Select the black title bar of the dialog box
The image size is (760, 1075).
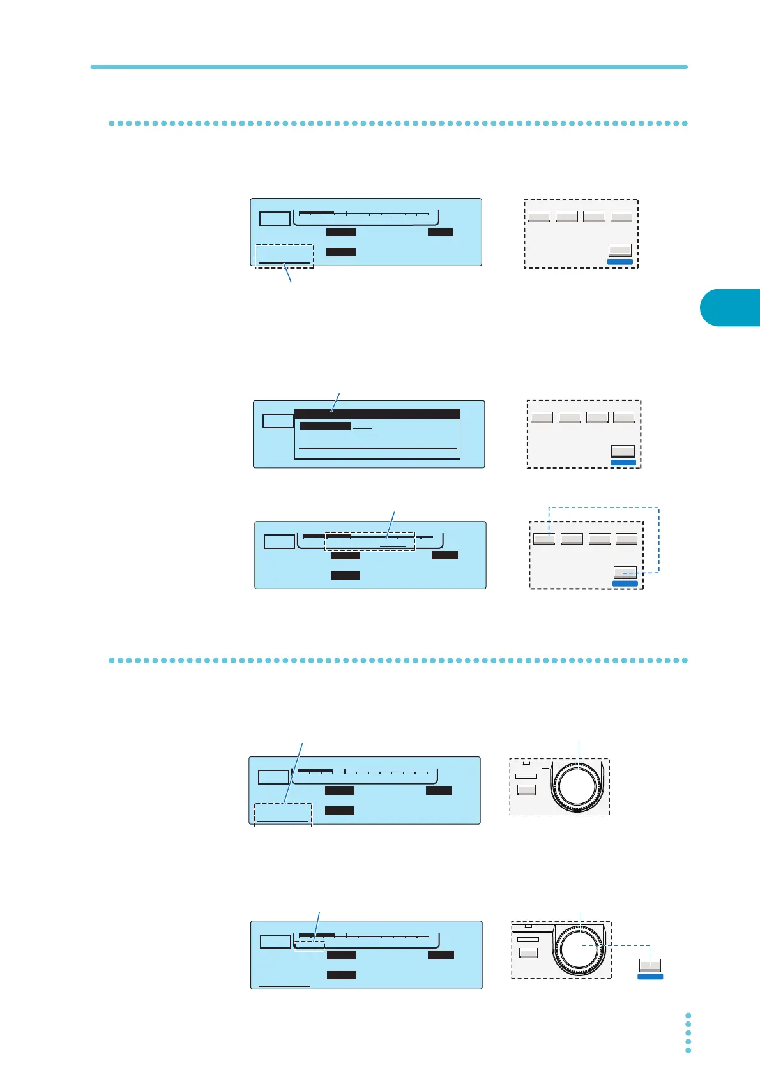click(x=377, y=414)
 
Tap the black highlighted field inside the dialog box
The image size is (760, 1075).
click(x=325, y=426)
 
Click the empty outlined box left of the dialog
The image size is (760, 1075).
click(x=278, y=421)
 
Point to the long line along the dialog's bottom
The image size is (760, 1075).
click(x=378, y=449)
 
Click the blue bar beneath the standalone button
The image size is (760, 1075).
click(x=650, y=977)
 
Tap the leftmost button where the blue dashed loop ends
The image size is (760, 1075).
click(x=544, y=538)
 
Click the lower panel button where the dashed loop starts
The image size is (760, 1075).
click(x=625, y=572)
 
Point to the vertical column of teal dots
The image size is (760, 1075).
click(x=688, y=1032)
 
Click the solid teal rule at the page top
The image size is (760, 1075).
click(x=388, y=66)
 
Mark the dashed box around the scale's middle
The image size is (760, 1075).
click(x=370, y=541)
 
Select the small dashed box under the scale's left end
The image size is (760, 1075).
click(x=310, y=945)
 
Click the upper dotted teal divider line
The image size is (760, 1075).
click(x=397, y=123)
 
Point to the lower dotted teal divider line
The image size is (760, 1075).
click(x=397, y=660)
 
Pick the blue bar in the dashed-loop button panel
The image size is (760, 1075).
click(x=625, y=583)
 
